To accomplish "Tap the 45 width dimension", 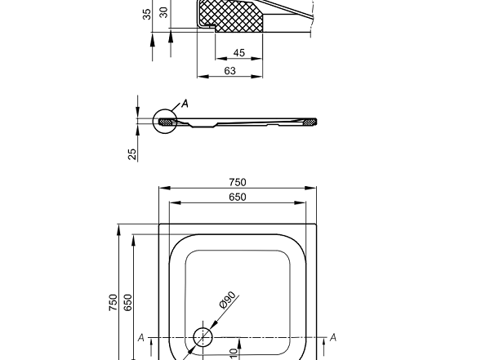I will [238, 53].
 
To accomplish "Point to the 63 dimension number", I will [230, 72].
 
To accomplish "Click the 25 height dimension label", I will [132, 153].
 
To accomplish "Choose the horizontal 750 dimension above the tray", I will [238, 182].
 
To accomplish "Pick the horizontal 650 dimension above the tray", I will [238, 197].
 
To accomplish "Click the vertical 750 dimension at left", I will [114, 302].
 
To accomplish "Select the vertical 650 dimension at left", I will [127, 302].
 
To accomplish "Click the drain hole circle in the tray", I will [202, 337].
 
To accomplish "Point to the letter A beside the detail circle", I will [185, 104].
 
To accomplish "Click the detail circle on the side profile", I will [166, 122].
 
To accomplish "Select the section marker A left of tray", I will [141, 337].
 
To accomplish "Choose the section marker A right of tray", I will [333, 337].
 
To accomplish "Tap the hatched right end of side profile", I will [310, 122].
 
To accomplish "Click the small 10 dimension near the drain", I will [233, 353].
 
